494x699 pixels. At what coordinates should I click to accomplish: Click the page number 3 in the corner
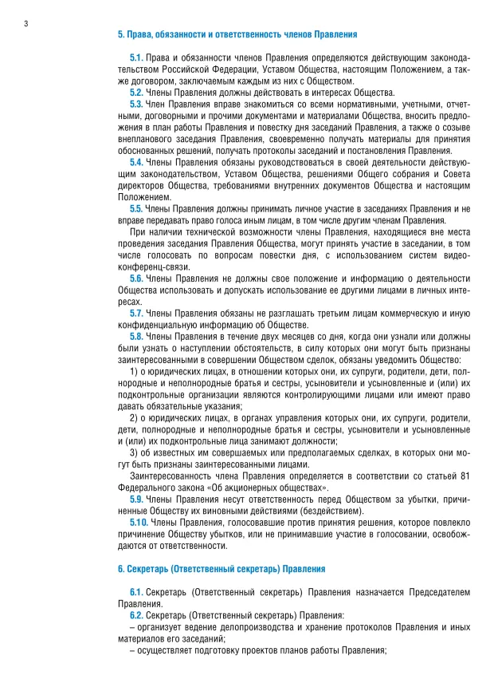[25, 23]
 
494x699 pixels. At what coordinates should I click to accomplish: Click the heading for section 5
[237, 35]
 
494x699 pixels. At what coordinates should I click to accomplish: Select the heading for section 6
[222, 569]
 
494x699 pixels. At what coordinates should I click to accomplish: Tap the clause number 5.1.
[135, 58]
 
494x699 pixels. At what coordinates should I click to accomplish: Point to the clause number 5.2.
[135, 93]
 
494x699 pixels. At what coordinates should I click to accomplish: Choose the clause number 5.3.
[135, 104]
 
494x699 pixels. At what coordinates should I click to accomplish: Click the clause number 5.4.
[135, 162]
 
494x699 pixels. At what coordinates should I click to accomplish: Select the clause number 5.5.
[135, 208]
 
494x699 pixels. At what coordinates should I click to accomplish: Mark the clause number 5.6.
[135, 278]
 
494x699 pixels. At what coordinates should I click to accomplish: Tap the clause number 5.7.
[135, 313]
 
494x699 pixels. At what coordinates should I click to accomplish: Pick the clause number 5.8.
[135, 336]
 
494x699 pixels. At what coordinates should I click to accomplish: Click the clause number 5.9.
[135, 499]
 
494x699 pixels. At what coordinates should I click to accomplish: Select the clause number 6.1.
[135, 592]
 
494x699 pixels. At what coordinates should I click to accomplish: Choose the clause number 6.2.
[135, 615]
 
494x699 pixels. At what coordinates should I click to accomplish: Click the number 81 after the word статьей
[465, 475]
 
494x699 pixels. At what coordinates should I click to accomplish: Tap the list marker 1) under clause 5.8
[133, 371]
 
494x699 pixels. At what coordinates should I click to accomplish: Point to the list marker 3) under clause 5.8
[133, 452]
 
